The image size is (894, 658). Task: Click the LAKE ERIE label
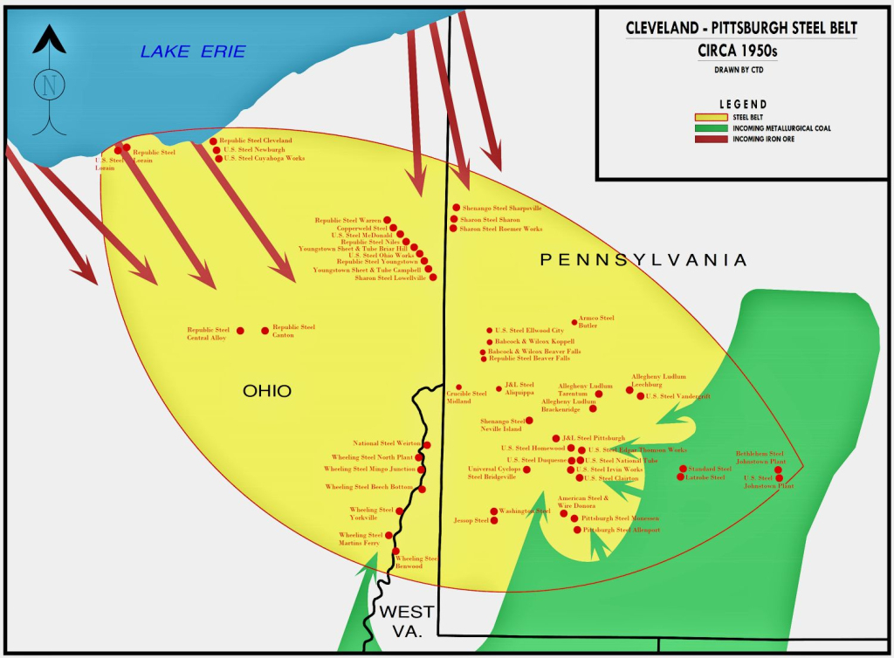[193, 52]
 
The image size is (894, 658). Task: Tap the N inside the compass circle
[50, 86]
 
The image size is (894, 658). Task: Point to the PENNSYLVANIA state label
[643, 259]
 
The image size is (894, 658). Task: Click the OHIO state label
[266, 391]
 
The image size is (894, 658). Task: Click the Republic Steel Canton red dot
[265, 331]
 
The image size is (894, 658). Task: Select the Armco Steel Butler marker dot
[574, 322]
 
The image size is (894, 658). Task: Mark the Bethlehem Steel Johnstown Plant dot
[778, 470]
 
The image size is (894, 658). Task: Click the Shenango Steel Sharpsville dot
[455, 208]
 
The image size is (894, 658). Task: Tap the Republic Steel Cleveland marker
[213, 141]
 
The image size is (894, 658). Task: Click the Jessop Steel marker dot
[494, 521]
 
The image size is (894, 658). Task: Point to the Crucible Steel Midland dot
[458, 387]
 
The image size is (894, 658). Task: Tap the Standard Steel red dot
[683, 469]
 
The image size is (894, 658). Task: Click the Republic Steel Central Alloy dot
[241, 331]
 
